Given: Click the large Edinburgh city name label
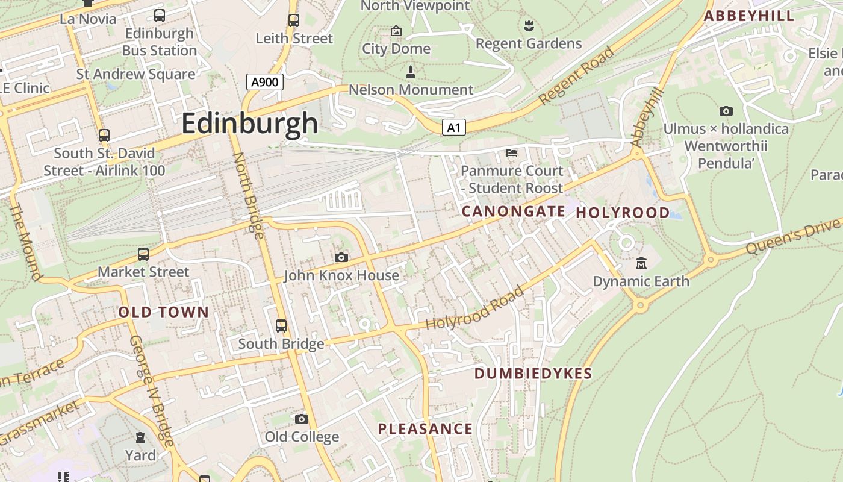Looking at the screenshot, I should click(x=249, y=124).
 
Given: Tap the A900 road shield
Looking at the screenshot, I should click(x=265, y=82).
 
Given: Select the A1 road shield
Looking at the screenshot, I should click(x=454, y=127).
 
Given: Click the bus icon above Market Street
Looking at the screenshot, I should click(x=143, y=254).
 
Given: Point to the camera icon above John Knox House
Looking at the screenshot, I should click(x=341, y=258).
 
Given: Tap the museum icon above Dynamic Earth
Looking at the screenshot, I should click(x=641, y=263).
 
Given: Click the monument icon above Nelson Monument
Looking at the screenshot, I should click(x=411, y=72).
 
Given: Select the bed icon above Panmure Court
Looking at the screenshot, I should click(x=512, y=153).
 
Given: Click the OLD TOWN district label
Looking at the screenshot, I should click(x=163, y=312).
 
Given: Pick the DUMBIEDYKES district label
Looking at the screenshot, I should click(x=533, y=374).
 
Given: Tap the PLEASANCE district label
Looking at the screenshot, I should click(x=425, y=429).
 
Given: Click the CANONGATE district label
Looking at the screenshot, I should click(x=513, y=211).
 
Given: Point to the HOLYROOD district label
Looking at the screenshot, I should click(x=623, y=213).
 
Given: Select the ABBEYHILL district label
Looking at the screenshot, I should click(x=749, y=16).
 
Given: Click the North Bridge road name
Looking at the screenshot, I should click(x=248, y=195).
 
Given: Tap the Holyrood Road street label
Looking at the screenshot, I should click(x=474, y=308).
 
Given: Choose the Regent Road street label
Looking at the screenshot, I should click(x=576, y=76).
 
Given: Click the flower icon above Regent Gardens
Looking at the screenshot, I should click(x=529, y=26).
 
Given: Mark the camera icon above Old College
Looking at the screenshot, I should click(x=302, y=419).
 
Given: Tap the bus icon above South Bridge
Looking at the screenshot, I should click(x=281, y=326).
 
